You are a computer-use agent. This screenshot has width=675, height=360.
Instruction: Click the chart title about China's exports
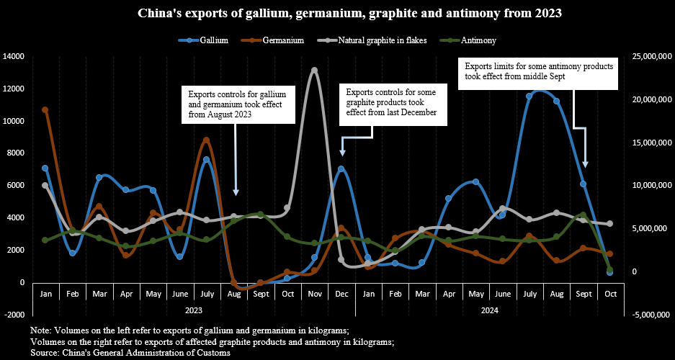336,14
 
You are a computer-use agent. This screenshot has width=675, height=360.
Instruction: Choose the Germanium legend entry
283,40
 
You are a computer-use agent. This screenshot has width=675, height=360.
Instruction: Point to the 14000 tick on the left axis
14,56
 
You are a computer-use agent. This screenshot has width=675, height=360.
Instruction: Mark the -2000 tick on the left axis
14,315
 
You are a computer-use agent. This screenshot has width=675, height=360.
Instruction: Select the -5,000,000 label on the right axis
650,315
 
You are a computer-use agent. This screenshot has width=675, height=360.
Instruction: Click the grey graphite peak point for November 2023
314,70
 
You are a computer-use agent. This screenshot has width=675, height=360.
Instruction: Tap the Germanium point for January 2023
45,110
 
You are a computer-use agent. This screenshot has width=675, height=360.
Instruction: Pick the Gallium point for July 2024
529,96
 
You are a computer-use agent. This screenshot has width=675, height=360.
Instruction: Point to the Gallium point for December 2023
341,169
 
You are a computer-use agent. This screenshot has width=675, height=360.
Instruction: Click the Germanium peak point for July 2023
207,140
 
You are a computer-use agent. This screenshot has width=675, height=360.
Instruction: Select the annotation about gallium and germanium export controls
231,104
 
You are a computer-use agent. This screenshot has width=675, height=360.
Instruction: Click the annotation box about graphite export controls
392,102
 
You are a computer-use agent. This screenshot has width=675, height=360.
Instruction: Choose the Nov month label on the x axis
314,294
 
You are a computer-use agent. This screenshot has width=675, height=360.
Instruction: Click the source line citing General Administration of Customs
130,353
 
